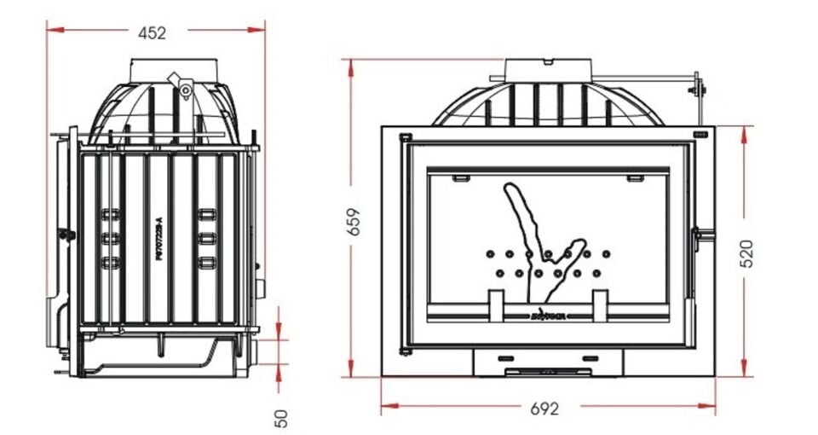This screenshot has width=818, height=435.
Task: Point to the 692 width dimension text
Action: tap(544, 409)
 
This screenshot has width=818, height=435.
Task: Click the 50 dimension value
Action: tap(282, 417)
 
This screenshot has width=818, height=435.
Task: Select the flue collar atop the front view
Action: tap(548, 68)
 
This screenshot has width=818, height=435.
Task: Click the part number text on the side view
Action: tap(159, 238)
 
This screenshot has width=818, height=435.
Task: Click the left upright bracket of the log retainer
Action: tap(496, 305)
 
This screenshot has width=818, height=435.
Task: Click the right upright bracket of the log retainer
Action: tap(600, 305)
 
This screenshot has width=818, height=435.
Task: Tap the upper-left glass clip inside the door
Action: tap(461, 178)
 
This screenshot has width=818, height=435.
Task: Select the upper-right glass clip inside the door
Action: tap(635, 178)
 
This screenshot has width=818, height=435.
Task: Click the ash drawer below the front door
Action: tap(548, 361)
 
